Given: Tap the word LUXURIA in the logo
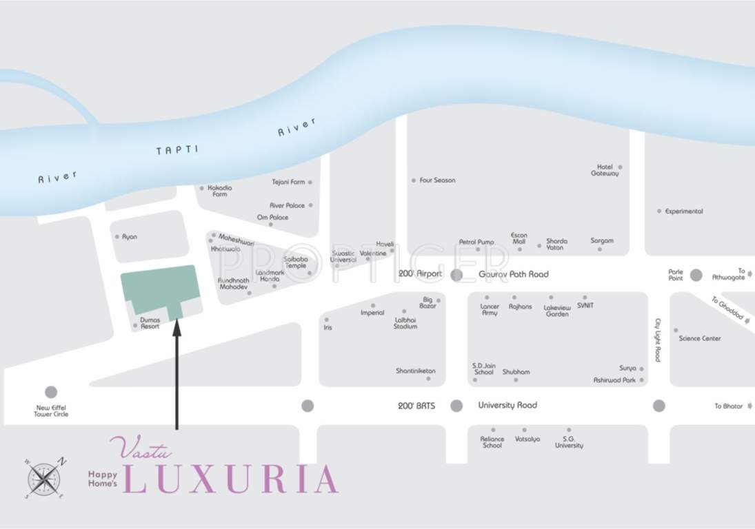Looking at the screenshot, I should [x=231, y=480].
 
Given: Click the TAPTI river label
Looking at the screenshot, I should [x=177, y=149].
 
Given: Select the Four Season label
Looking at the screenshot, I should [x=437, y=180].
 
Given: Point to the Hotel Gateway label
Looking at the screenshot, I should [x=605, y=170].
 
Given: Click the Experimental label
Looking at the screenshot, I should [x=684, y=211].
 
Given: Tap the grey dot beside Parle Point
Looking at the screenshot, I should [x=696, y=275].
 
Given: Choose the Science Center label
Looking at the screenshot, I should [x=700, y=338].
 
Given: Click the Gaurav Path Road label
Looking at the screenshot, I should [x=514, y=274].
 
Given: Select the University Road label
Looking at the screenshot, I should [x=507, y=406].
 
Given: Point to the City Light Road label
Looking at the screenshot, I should [x=658, y=340].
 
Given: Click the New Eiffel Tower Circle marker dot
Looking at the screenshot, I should [x=51, y=392].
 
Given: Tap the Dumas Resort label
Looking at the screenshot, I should [x=150, y=323].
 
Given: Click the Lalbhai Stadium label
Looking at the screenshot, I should [x=405, y=323].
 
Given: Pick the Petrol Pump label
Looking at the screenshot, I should [x=476, y=242].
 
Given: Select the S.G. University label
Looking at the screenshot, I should [x=569, y=442].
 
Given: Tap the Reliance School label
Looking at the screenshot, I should [x=492, y=442].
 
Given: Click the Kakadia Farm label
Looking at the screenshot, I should [x=220, y=191].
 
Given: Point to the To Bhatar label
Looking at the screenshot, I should [x=728, y=406].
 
